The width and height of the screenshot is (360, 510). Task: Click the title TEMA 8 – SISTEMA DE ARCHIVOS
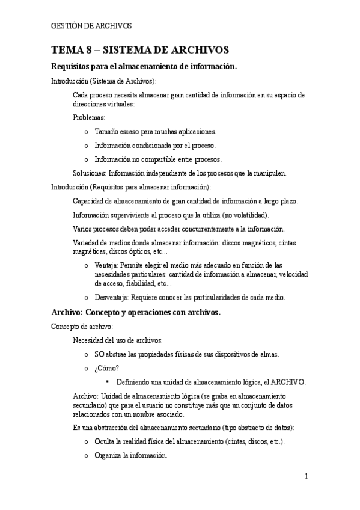(x=140, y=50)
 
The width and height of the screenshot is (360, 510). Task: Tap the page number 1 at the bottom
(x=306, y=476)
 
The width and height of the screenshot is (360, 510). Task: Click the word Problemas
(x=88, y=117)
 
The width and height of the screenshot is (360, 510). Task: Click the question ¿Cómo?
(x=106, y=368)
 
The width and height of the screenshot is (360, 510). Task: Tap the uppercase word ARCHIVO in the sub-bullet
(x=288, y=382)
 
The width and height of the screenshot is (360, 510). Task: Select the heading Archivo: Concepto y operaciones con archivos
(x=136, y=313)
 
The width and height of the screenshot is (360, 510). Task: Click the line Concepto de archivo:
(x=82, y=327)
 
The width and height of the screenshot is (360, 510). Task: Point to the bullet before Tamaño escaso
(x=87, y=131)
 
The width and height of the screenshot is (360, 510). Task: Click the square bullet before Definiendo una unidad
(x=108, y=382)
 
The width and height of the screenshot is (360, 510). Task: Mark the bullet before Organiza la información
(x=87, y=456)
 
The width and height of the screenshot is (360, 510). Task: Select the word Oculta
(x=105, y=442)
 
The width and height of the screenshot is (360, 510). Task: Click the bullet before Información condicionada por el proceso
(x=87, y=146)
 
